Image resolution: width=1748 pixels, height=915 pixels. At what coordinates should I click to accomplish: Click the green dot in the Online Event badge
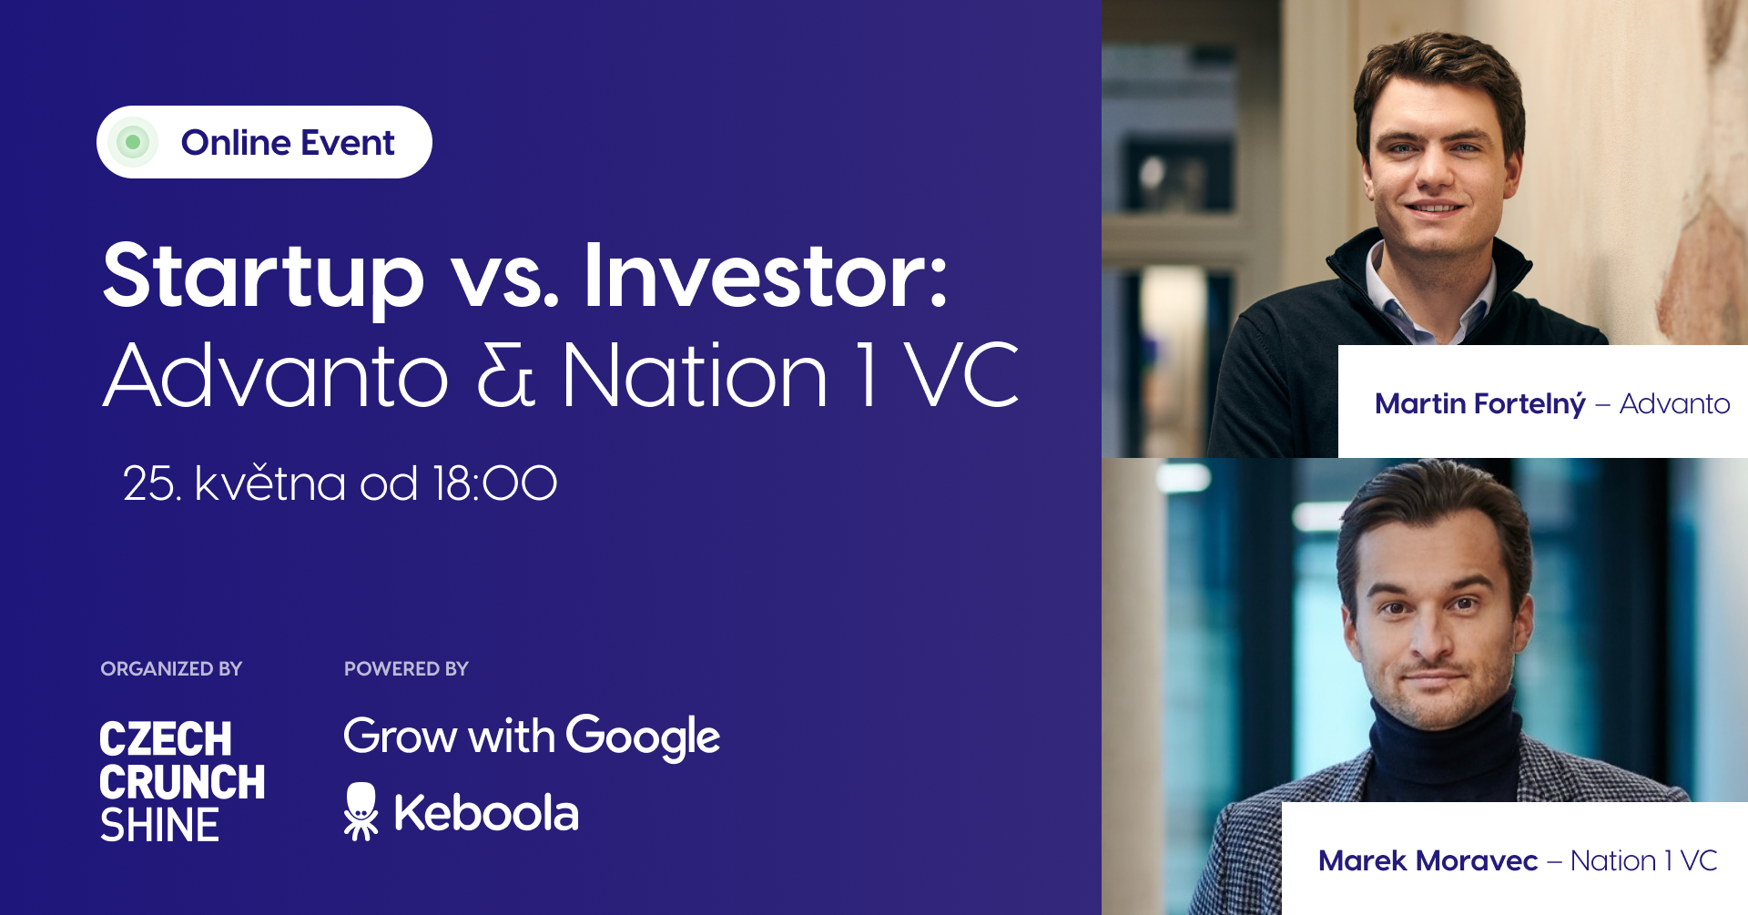133,142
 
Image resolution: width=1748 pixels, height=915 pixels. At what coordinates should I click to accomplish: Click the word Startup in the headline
263,278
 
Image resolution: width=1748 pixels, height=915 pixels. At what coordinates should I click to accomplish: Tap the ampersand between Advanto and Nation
505,375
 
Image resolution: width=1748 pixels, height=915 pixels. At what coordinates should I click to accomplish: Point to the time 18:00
495,483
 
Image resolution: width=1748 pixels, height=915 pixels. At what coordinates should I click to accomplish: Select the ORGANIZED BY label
171,669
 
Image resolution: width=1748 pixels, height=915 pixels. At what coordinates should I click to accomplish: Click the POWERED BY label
406,669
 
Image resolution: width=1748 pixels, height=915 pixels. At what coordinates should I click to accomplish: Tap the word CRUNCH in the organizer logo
182,782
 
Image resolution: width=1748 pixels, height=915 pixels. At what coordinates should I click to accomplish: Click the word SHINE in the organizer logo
159,826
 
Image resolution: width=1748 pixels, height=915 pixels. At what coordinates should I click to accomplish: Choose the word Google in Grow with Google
643,737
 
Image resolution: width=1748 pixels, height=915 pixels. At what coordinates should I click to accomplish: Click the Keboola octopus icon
361,811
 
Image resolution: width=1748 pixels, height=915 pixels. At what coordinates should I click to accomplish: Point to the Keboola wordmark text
486,813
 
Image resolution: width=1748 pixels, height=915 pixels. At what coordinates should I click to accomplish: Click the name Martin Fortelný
1480,403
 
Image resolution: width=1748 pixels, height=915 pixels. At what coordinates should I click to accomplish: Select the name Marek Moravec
1428,860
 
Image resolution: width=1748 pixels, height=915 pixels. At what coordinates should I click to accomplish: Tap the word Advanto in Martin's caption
1674,403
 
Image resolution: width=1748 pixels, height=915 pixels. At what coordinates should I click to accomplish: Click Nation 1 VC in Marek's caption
1643,860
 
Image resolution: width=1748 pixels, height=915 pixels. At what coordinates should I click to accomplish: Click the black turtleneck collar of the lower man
1448,747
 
